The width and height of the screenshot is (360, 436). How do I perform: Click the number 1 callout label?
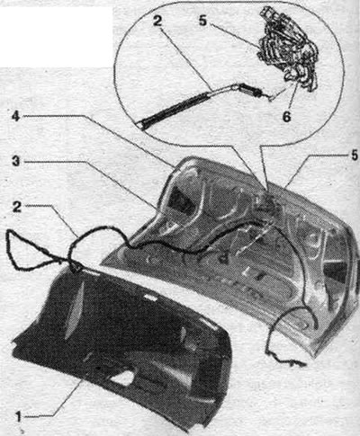[19, 418]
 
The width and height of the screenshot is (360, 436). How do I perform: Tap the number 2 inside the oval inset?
[157, 22]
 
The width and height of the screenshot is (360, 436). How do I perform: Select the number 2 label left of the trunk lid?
[17, 207]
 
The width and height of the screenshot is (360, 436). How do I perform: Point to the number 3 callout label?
[16, 162]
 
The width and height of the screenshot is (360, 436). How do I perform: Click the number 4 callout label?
[16, 117]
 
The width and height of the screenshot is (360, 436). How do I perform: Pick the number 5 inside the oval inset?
[202, 21]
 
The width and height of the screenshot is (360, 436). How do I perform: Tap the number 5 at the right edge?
[355, 156]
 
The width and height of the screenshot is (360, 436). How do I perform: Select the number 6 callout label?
[287, 117]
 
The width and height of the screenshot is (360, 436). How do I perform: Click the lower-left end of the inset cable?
[141, 126]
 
